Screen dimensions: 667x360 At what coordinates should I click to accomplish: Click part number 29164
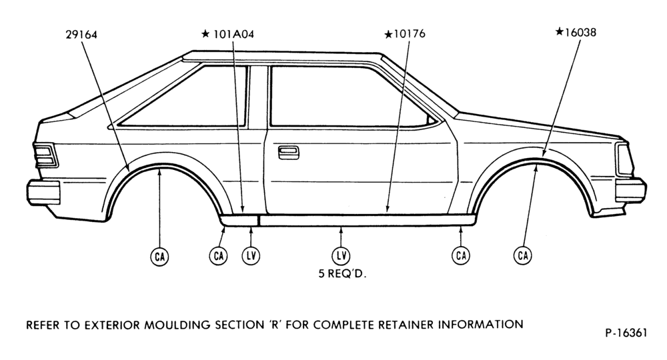[x=81, y=35]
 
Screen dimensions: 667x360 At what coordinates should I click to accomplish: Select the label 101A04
[x=233, y=34]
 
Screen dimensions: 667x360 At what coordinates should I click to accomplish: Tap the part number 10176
[x=410, y=33]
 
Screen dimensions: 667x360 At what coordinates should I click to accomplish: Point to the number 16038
[x=580, y=32]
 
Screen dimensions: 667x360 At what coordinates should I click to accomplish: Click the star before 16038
[x=560, y=32]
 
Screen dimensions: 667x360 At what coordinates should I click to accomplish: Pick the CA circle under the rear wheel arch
[x=159, y=257]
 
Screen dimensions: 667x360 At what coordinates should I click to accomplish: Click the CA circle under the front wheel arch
[x=523, y=255]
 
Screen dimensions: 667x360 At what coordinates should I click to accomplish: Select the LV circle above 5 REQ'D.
[x=341, y=255]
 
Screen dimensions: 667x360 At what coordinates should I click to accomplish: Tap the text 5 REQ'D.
[x=342, y=274]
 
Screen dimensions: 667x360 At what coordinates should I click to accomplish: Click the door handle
[x=288, y=153]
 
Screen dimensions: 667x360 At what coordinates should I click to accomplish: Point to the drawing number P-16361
[x=626, y=333]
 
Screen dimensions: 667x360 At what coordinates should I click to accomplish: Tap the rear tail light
[x=45, y=156]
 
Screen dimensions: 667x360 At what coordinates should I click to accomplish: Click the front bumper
[x=631, y=190]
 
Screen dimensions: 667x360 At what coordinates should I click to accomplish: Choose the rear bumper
[x=43, y=192]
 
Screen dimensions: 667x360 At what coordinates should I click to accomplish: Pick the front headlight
[x=625, y=159]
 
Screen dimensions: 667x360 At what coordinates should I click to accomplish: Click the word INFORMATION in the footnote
[x=481, y=325]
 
